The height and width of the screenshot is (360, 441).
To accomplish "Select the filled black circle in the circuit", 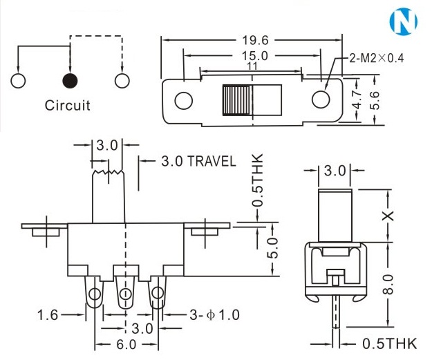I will tap(69, 80).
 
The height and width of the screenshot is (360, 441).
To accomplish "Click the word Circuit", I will tap(68, 106).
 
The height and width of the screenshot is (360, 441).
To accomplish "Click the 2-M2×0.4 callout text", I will tap(377, 58).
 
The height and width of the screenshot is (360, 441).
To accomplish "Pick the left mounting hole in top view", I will tap(183, 100).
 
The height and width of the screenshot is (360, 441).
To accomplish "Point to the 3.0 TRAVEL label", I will tap(198, 162).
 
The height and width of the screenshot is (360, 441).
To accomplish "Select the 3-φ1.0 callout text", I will tap(215, 315).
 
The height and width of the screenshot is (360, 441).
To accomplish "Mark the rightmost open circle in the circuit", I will tap(122, 80).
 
